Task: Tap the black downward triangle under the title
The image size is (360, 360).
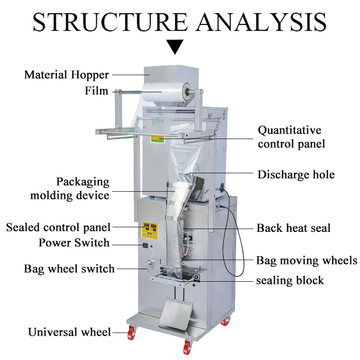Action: pos(175,46)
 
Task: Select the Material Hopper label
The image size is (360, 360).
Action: pos(67,74)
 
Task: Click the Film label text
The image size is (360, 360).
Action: pos(97,91)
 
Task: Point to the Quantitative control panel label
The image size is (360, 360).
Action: pos(291,137)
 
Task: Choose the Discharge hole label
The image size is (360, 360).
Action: pos(296,175)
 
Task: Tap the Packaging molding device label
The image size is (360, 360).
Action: pos(70,189)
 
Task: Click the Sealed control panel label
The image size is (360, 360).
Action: pos(58,227)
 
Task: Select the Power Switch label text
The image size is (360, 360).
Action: pos(74,243)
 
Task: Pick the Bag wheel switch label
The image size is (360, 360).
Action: pos(69,269)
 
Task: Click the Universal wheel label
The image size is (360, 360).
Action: pos(69,333)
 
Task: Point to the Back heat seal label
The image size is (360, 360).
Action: pos(293,228)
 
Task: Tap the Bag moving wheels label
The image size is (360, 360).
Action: pos(306,260)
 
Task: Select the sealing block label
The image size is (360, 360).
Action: pos(290,281)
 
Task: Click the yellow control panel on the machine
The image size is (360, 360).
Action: pos(149,229)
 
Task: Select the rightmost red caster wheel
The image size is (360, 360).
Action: pos(224,321)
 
